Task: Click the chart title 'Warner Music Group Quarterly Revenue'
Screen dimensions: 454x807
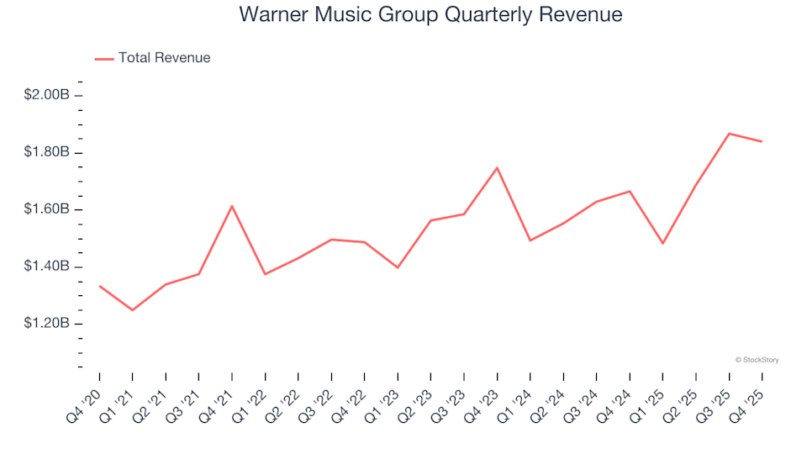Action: (x=430, y=15)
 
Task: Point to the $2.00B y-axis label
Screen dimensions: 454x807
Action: (x=46, y=95)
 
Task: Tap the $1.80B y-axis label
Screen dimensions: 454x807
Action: (x=46, y=152)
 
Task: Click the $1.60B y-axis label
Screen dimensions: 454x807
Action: (x=46, y=209)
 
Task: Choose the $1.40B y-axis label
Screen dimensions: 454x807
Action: (x=46, y=267)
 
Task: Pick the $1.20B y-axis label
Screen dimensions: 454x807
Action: (x=46, y=324)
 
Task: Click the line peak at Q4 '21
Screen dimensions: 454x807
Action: (x=232, y=206)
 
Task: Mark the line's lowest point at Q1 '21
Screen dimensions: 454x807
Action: (x=133, y=310)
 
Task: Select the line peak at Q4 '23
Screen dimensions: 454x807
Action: (x=497, y=167)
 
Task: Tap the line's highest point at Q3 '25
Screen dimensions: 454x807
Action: (x=729, y=134)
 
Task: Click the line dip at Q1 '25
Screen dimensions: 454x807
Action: (x=662, y=244)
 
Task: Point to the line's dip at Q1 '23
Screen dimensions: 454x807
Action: (x=398, y=267)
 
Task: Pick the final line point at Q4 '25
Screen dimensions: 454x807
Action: (x=762, y=141)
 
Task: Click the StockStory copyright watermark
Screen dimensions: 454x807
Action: (x=757, y=360)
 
